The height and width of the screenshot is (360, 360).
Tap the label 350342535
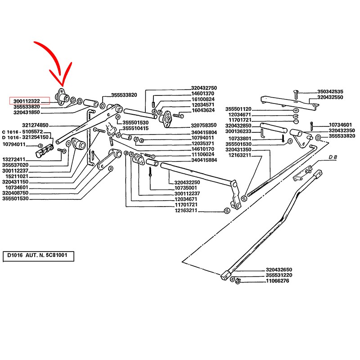click(x=330, y=91)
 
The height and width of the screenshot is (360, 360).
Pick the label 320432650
click(x=279, y=270)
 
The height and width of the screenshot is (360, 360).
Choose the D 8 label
click(x=333, y=157)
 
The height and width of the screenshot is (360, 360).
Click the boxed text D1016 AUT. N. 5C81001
click(x=38, y=256)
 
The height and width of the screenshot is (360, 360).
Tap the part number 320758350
click(x=203, y=125)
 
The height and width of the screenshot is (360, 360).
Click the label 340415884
click(x=203, y=160)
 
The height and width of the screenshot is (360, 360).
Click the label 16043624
click(x=203, y=110)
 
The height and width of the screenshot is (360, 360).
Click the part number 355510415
click(x=135, y=128)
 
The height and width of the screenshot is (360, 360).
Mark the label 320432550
click(x=330, y=97)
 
